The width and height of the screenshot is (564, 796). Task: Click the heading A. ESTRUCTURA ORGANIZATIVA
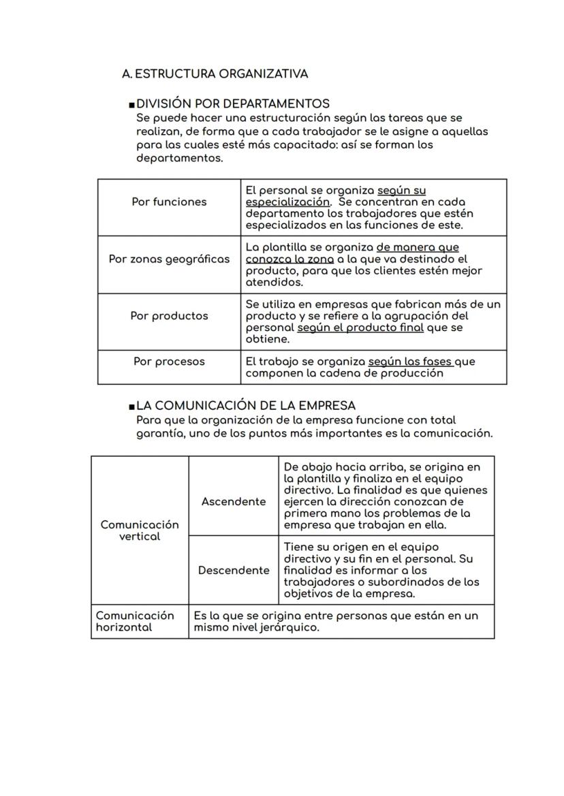(215, 74)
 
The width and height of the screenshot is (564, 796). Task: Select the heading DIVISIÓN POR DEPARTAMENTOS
(233, 104)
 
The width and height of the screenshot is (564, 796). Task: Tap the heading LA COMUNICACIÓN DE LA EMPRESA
(246, 405)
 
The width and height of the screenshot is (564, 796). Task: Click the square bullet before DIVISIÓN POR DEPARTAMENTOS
(131, 105)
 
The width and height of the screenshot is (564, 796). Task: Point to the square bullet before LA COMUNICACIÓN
(131, 407)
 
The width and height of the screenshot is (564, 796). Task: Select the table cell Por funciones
(169, 202)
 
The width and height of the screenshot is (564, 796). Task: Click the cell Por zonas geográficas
(169, 259)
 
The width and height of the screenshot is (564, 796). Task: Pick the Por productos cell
(169, 316)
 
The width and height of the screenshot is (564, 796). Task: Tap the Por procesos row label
(169, 362)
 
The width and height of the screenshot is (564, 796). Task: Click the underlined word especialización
(287, 202)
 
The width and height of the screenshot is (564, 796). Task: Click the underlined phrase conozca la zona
(289, 259)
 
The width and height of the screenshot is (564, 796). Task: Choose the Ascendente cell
(234, 502)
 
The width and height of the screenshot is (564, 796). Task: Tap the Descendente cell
(234, 570)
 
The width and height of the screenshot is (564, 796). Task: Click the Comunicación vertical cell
(140, 530)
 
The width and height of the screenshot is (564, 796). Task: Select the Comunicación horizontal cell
(135, 621)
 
